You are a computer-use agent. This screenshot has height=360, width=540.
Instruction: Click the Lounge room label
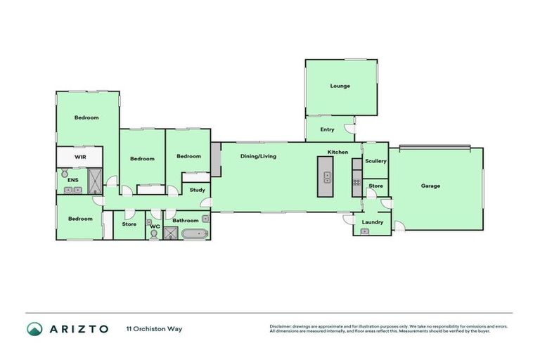pos(340,86)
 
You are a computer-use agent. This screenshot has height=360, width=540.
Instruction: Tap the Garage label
pos(430,186)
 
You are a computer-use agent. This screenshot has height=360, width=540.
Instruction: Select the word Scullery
pos(375,161)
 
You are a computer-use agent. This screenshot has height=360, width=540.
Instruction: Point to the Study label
pos(198,190)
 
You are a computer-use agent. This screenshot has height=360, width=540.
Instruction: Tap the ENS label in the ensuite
pos(72,181)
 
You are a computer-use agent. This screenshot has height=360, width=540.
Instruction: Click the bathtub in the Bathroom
pos(195,233)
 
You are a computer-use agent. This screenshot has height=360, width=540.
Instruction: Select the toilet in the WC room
pos(154,235)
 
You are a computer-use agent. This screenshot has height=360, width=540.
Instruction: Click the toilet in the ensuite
pos(64,172)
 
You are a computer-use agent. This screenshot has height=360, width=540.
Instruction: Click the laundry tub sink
pos(364,231)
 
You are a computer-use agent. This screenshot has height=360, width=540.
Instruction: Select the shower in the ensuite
pos(95,181)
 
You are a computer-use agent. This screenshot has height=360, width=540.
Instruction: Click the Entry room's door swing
pos(349,130)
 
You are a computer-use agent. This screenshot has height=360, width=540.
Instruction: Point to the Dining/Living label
pos(258,156)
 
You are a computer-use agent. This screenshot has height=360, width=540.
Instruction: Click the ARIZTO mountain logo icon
pos(34,329)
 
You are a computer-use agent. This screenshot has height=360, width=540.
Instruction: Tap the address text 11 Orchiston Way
pos(154,329)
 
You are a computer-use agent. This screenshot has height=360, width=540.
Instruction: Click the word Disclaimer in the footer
pos(283,326)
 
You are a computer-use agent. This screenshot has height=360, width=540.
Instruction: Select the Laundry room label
pos(373,222)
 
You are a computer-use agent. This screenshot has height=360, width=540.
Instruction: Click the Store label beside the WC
pos(129,224)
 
